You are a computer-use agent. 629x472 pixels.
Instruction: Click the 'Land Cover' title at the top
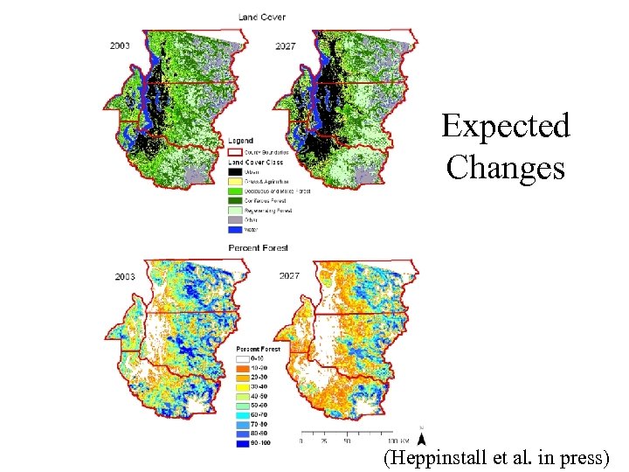point(261,17)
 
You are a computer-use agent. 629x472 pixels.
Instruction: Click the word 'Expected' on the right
point(505,126)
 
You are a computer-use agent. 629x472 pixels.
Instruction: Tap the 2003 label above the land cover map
point(122,45)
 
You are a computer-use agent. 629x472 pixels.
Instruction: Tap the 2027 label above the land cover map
point(285,45)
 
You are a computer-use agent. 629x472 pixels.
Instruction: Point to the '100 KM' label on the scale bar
point(400,441)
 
